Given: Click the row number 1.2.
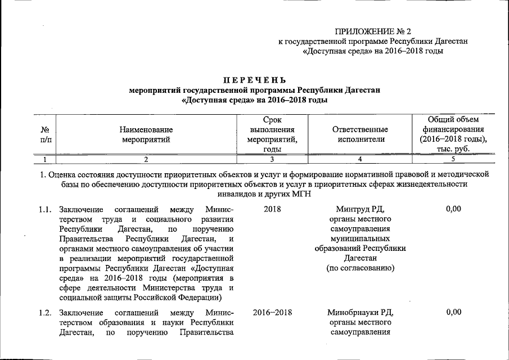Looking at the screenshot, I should [x=46, y=312].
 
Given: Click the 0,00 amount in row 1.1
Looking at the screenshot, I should [x=453, y=209].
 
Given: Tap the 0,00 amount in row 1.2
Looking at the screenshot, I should [x=453, y=312].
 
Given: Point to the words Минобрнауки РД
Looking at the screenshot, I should [x=360, y=312].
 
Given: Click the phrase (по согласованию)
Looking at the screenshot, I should [x=360, y=268].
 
